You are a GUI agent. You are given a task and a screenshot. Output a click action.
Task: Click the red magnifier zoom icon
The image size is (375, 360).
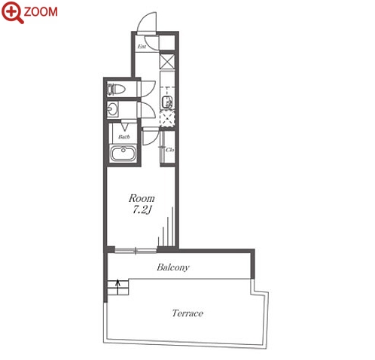[x=12, y=12]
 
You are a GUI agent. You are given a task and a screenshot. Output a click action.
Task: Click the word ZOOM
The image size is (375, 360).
[x=41, y=12]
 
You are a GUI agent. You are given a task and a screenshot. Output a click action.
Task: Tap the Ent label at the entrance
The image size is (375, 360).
[x=142, y=47]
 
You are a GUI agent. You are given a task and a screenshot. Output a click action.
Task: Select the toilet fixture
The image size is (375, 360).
[x=116, y=89]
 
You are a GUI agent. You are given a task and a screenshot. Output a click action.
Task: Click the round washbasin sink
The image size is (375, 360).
[x=113, y=110]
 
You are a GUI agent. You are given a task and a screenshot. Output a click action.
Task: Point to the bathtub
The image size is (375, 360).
[x=123, y=153]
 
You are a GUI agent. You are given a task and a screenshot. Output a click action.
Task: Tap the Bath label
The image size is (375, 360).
[x=124, y=137]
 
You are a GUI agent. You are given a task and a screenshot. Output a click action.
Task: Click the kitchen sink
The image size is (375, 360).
[x=166, y=102]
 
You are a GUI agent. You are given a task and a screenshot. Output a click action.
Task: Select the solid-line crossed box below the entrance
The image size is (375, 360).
[x=167, y=62]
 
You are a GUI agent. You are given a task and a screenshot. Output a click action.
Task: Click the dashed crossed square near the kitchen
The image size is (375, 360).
[x=167, y=118]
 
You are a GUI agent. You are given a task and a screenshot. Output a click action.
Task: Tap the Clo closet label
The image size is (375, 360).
[x=169, y=150]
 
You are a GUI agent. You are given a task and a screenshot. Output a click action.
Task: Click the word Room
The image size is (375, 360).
[x=142, y=198]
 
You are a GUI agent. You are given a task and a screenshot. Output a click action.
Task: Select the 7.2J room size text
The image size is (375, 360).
[x=142, y=210]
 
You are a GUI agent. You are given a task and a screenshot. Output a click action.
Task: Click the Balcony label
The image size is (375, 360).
[x=173, y=267]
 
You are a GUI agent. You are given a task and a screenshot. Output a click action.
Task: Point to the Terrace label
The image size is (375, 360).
[x=187, y=313]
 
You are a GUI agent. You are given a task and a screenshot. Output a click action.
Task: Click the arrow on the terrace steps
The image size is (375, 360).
[x=117, y=287]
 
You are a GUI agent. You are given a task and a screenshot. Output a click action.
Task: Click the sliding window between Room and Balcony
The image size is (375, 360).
[x=136, y=251]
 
